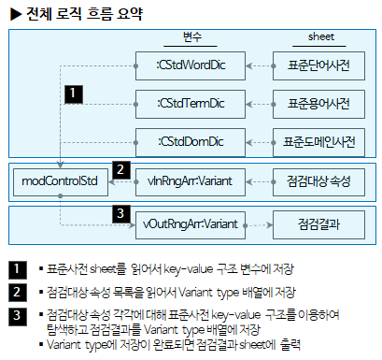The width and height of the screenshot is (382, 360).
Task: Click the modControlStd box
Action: [59, 179]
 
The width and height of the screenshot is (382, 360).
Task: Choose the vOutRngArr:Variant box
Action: [191, 224]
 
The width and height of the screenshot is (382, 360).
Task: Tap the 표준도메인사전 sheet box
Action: [318, 141]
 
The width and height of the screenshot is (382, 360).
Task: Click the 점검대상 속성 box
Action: [318, 179]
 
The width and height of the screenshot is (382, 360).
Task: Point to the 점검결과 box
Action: [318, 224]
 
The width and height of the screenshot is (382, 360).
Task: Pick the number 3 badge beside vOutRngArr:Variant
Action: [120, 214]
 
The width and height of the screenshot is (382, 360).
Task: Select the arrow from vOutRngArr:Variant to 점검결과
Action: [255, 224]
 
